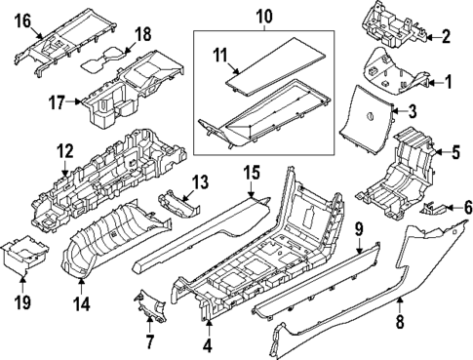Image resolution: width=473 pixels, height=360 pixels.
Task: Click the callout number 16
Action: pos(22,19)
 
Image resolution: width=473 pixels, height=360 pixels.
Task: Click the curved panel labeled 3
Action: pos(371,115)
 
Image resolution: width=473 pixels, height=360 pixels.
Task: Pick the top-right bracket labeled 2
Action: pos(395,24)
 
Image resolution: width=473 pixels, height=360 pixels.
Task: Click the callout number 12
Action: pos(64,151)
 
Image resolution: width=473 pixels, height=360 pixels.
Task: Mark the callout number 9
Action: pos(358,229)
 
